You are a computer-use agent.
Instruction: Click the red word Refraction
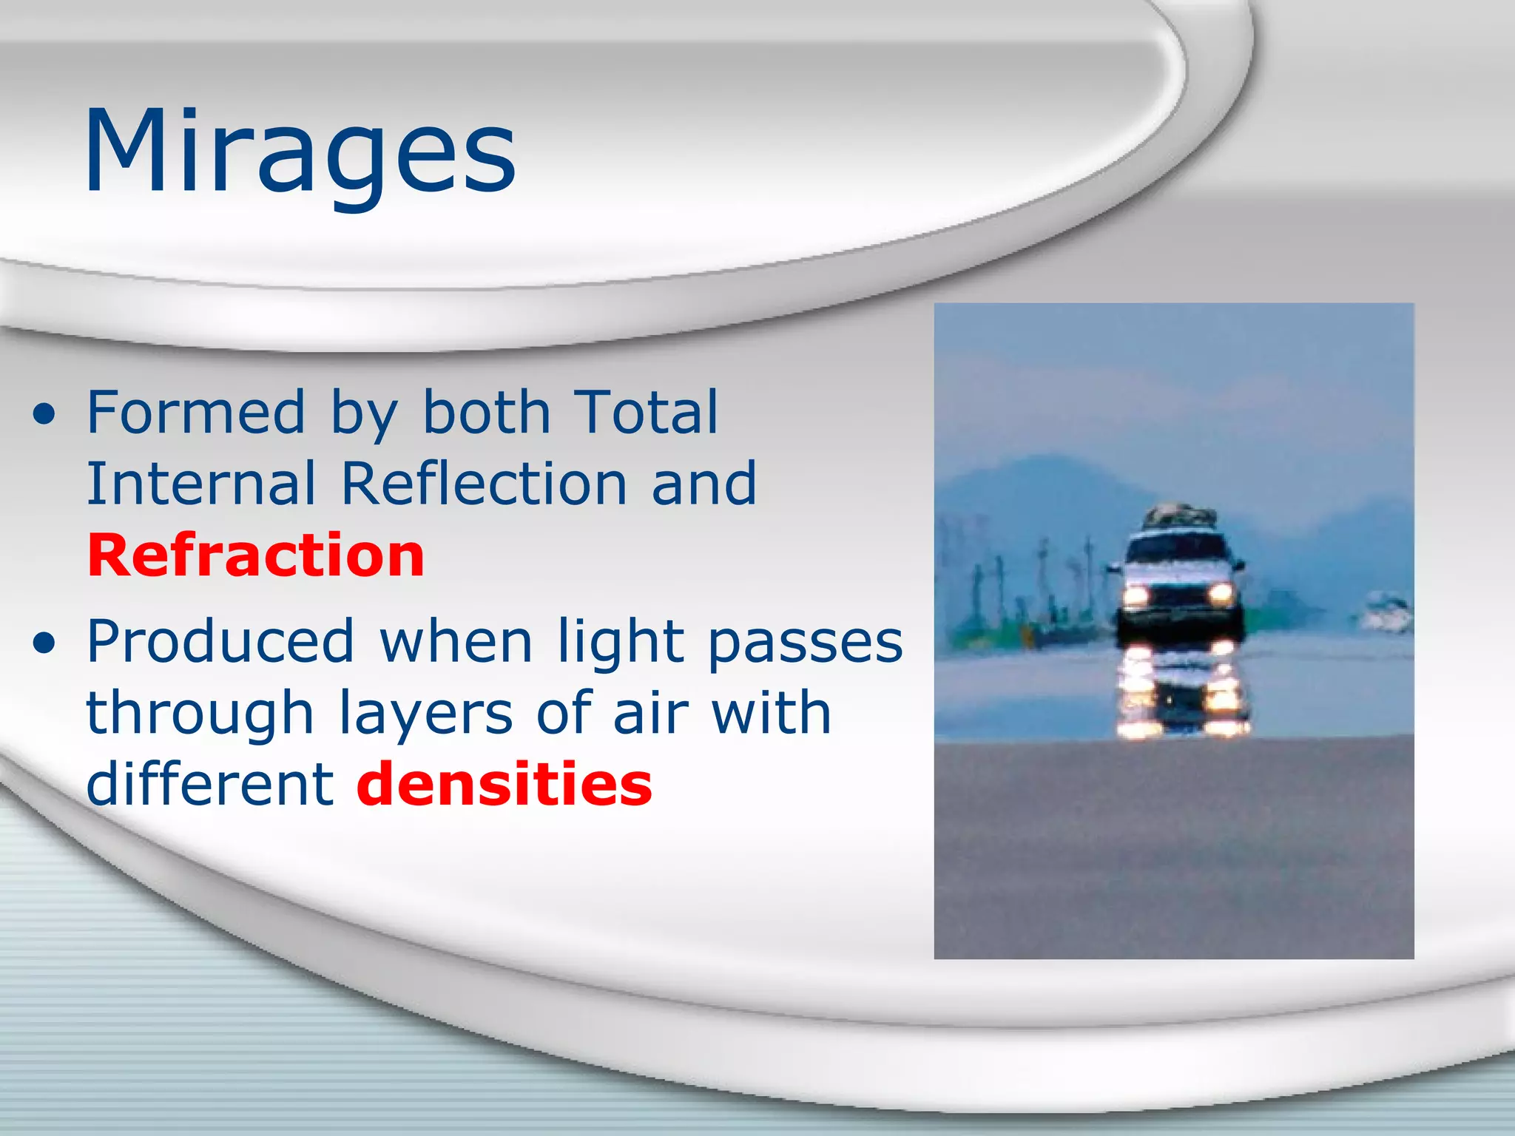point(256,555)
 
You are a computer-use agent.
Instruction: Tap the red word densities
point(505,785)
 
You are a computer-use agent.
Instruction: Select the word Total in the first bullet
point(645,412)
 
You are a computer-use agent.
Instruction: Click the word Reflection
point(484,484)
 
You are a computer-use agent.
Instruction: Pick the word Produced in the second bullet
point(220,641)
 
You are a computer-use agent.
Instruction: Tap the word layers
point(425,714)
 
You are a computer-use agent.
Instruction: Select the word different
point(210,785)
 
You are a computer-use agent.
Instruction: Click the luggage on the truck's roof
point(1180,515)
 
